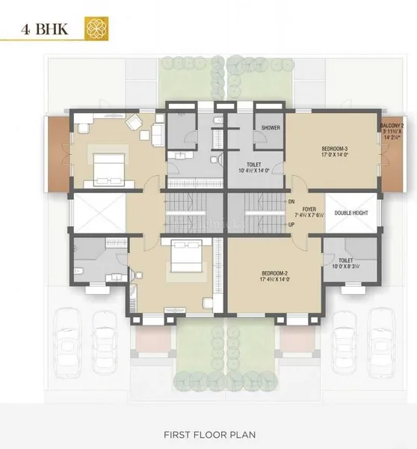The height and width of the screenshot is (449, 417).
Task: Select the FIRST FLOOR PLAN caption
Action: [208, 433]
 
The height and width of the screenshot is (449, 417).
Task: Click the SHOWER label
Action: [270, 128]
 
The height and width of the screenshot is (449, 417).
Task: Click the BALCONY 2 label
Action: [392, 125]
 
